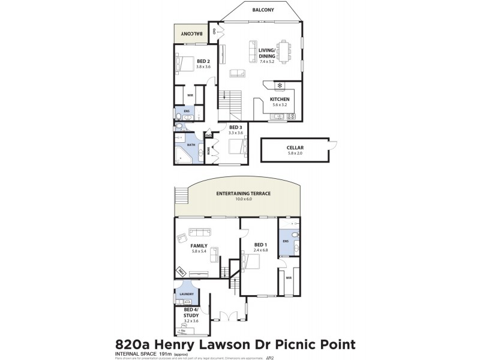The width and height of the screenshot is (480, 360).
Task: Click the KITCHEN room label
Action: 280,99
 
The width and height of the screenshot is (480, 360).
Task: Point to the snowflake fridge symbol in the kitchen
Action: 280,85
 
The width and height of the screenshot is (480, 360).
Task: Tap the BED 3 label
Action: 235,127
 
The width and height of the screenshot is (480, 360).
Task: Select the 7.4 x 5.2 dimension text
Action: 267,62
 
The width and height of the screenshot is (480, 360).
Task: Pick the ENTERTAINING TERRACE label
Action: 244,194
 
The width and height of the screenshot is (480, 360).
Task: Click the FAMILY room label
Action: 199,246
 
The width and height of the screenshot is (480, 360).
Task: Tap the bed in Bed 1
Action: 253,263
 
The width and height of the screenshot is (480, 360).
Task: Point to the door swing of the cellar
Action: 334,144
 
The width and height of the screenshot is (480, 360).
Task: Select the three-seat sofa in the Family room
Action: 200,232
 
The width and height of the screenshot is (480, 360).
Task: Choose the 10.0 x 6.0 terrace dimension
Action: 244,200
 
